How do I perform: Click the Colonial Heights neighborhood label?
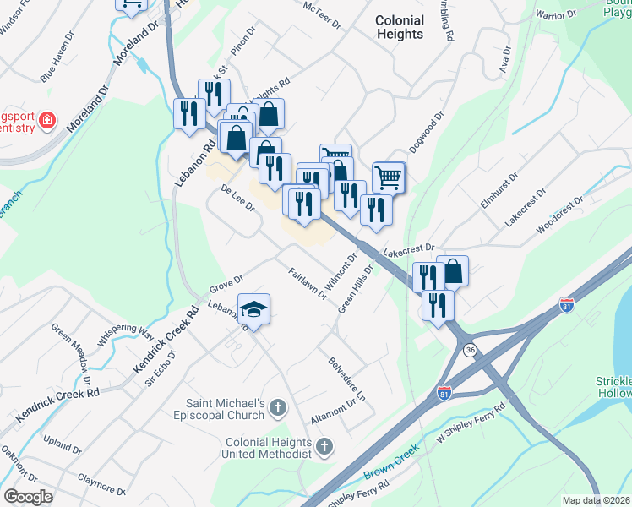tap(399, 27)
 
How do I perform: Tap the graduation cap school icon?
tap(253, 309)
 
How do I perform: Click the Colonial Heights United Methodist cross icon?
tap(324, 447)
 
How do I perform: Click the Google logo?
tap(28, 497)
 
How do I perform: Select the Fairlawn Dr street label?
tap(307, 283)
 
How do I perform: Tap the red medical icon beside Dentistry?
tap(47, 121)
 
